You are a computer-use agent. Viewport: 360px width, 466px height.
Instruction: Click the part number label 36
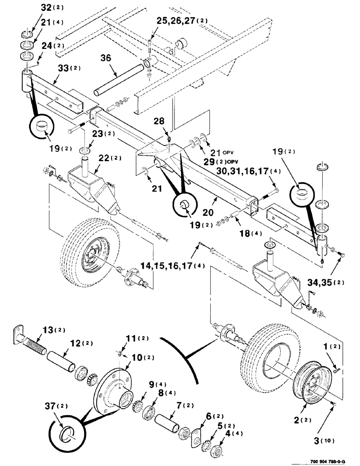pyautogui.click(x=105, y=58)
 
